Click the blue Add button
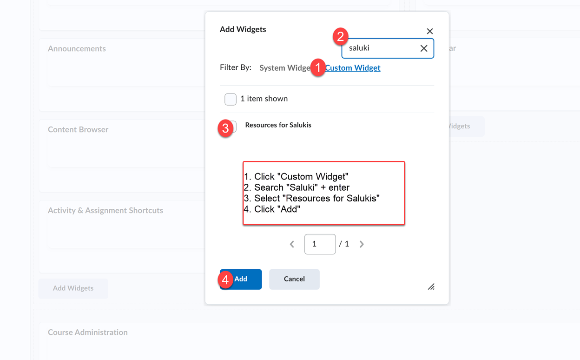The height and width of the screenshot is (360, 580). point(246,279)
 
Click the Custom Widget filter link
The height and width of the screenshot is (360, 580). point(353,68)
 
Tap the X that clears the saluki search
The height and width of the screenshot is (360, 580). point(424,48)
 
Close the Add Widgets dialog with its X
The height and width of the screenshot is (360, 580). point(430,31)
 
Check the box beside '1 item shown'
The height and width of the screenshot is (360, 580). point(231,99)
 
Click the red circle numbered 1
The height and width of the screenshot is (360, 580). point(318,67)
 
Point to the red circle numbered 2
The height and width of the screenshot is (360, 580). point(341,37)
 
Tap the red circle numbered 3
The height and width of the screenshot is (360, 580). point(225,128)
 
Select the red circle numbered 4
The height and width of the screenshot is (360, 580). point(225,280)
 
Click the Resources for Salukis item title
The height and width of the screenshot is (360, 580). point(278,125)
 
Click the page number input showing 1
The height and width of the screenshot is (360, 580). point(320,244)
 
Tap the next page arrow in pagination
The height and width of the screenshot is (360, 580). point(362,244)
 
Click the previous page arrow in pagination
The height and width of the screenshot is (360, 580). point(292,244)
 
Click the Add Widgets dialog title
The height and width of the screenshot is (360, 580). point(243,29)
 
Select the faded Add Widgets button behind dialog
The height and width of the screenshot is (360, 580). point(73,288)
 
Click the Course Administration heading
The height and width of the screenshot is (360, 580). point(87,333)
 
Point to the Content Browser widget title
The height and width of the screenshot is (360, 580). point(78,130)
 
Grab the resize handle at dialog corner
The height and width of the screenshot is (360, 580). point(431,287)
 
